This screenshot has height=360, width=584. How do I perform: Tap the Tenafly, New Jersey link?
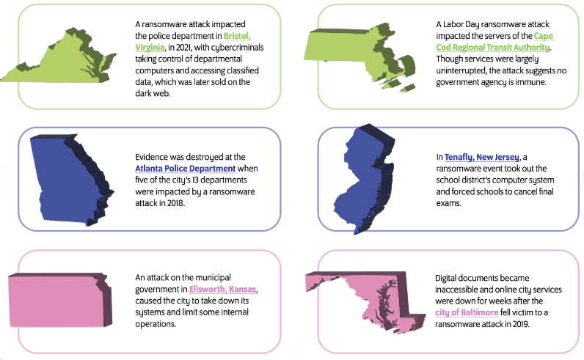click(481, 157)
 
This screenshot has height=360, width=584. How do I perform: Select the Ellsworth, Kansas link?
click(223, 289)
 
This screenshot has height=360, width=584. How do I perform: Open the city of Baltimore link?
click(467, 312)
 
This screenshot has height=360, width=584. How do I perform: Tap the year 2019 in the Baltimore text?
click(519, 323)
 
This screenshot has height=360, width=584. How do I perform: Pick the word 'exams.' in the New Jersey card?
click(449, 203)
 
